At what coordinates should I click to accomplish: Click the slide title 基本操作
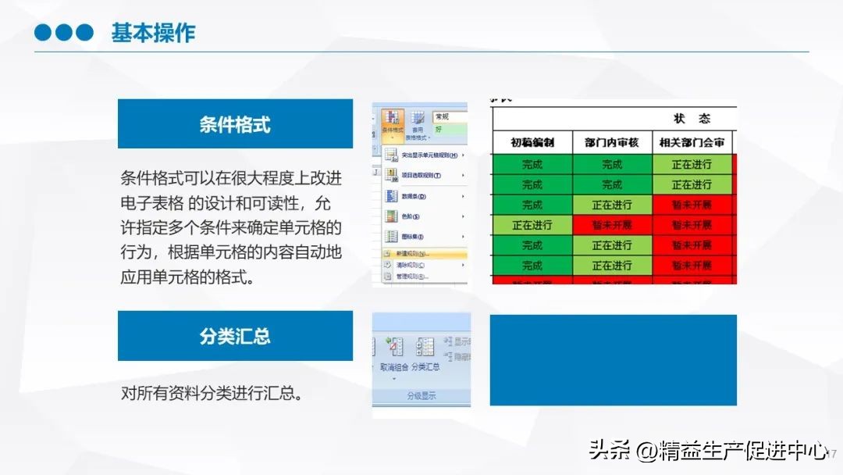[153, 33]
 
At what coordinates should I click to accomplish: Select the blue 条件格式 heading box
[235, 124]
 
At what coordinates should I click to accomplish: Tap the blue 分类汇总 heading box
[235, 336]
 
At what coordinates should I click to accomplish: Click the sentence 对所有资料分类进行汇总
[212, 393]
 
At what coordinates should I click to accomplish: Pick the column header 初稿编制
[532, 142]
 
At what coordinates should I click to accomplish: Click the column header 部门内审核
[611, 142]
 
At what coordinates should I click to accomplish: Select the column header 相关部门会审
[692, 142]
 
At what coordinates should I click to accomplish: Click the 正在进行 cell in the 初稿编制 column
[532, 225]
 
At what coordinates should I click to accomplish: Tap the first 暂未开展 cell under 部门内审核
[611, 225]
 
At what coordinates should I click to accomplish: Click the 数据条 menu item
[411, 196]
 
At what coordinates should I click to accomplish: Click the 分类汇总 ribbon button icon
[425, 347]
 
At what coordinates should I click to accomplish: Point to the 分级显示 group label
[421, 396]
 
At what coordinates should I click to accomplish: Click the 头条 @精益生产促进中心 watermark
[707, 451]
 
